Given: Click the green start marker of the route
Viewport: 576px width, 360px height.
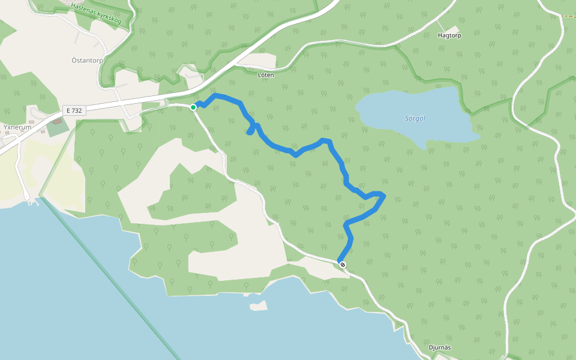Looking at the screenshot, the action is pos(193,107).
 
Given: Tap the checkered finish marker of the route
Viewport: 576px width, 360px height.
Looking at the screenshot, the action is pos(342,264).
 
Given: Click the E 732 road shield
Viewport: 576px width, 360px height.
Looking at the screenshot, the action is pos(75,110).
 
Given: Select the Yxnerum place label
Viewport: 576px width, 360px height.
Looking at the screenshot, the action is pos(17,127).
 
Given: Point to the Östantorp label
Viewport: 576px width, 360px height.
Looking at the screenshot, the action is pos(87,61).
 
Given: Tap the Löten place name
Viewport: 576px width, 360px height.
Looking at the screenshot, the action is pos(266,75).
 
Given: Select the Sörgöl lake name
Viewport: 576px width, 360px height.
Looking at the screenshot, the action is pos(415,118).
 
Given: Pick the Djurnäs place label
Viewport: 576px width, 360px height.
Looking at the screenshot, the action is pos(440,347).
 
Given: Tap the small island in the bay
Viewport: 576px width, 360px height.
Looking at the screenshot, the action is pos(259,306).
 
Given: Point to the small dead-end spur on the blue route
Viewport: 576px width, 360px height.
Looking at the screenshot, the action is pos(250,132).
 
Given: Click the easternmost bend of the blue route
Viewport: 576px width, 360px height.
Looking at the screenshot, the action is pos(383,196).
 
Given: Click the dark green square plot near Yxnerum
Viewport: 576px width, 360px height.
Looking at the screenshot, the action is pos(58,127).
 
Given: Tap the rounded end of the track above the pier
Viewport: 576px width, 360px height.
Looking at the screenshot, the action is pos(26,196).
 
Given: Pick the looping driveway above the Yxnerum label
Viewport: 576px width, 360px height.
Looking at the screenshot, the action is pos(36,113).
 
